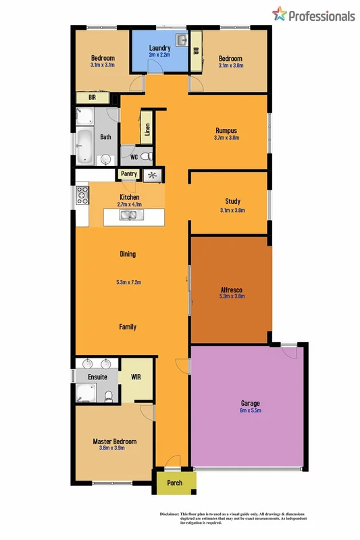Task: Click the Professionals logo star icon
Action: click(x=279, y=14)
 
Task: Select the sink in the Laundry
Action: click(x=180, y=40)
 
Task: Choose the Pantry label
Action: click(x=128, y=174)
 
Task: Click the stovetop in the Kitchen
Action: click(x=82, y=196)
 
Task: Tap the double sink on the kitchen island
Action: click(x=128, y=215)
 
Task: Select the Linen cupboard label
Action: click(x=147, y=128)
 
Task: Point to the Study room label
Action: click(x=232, y=201)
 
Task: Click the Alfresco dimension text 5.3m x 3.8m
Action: click(x=232, y=296)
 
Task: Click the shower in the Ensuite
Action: click(x=86, y=392)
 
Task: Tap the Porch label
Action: click(x=175, y=483)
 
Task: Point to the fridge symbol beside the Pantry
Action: click(x=153, y=175)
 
